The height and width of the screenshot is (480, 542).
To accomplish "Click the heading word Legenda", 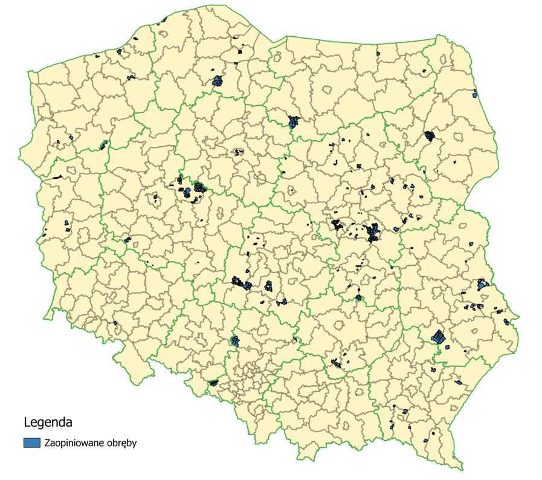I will [x=48, y=421].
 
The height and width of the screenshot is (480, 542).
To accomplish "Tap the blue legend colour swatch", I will [x=32, y=443].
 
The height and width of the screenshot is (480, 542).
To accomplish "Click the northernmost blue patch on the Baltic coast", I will [x=162, y=20].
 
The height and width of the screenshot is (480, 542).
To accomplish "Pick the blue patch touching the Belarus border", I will [x=476, y=94].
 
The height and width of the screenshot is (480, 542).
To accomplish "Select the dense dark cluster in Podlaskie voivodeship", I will [x=430, y=135].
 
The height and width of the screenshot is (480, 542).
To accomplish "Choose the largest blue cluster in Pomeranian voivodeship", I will [x=217, y=81].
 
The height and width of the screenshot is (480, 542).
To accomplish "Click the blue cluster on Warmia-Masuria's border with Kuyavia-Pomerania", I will [x=294, y=121].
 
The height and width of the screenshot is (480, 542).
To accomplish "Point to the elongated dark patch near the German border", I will [x=58, y=177].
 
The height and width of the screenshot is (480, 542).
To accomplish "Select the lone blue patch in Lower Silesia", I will [x=115, y=323].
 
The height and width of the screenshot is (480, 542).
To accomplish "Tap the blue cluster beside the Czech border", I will [x=213, y=383].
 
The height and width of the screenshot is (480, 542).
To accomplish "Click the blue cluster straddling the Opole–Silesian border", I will [x=235, y=342].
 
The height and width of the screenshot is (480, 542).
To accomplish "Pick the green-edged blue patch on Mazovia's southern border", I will [x=359, y=297].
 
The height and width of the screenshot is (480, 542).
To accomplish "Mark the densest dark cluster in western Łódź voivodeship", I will [x=242, y=282].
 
